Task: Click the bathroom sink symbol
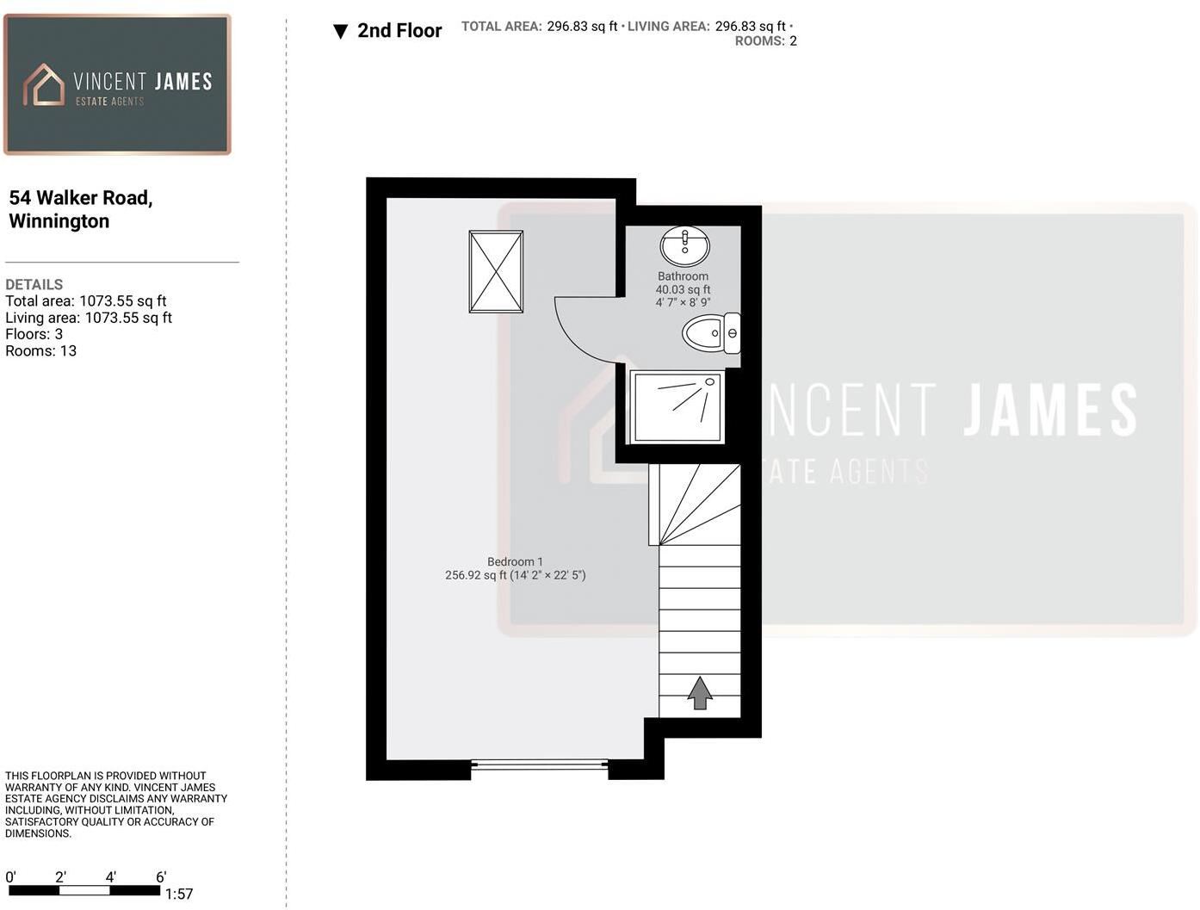click(x=684, y=246)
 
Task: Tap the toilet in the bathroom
click(x=710, y=333)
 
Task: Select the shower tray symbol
click(x=677, y=406)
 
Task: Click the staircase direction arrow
click(x=700, y=692)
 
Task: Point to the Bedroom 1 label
click(x=515, y=561)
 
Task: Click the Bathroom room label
click(x=683, y=276)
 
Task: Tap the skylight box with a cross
click(x=496, y=271)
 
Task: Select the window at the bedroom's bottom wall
click(x=540, y=764)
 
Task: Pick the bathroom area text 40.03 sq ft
click(x=683, y=289)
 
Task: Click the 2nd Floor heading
click(x=399, y=31)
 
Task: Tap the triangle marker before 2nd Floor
click(x=340, y=32)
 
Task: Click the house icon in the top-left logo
click(x=44, y=84)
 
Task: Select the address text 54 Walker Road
click(x=81, y=198)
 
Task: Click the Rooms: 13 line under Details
click(x=40, y=351)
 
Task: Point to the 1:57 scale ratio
click(x=179, y=895)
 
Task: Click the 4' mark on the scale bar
click(x=111, y=877)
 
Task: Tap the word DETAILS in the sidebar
click(x=34, y=284)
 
